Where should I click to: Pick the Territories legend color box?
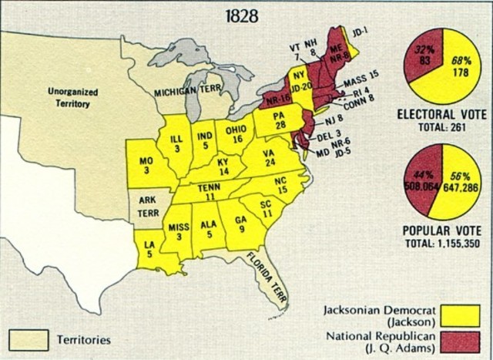pyautogui.click(x=29, y=338)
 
